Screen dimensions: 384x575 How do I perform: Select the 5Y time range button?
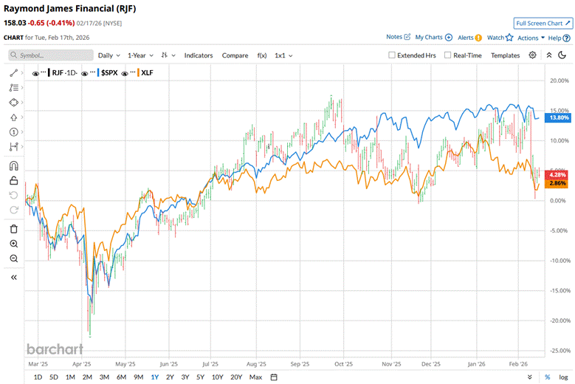[201, 377]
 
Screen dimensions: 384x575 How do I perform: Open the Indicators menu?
[199, 55]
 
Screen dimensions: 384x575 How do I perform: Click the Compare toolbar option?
[235, 55]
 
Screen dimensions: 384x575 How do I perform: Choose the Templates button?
[506, 55]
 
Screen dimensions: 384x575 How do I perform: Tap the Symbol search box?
[52, 55]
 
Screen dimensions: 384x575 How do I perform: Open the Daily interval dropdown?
[109, 55]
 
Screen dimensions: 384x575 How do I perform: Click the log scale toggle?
[563, 377]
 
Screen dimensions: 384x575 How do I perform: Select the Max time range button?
[255, 377]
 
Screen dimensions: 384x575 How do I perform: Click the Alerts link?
[467, 37]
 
